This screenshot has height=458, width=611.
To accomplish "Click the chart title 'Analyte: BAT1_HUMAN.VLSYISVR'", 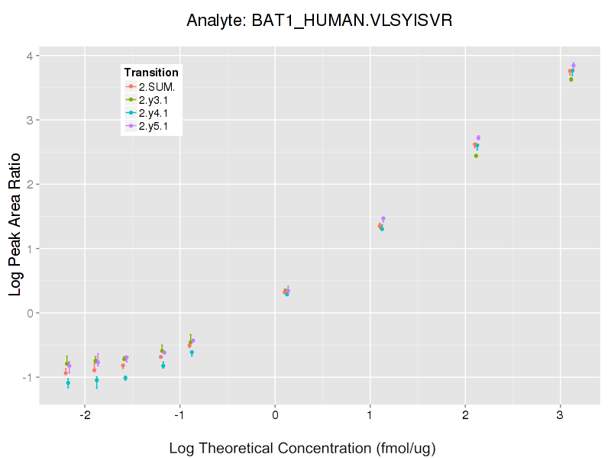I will click(320, 21).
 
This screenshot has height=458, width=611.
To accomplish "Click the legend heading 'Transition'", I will click(151, 73).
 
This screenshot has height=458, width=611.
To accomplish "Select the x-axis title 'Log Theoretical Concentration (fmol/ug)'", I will click(302, 448).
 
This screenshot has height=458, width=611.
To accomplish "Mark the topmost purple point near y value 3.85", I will click(574, 66).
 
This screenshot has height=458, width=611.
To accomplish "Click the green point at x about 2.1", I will click(476, 156).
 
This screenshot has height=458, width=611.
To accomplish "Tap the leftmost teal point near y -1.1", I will click(68, 382).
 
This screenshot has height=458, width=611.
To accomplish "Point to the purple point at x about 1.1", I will click(383, 219).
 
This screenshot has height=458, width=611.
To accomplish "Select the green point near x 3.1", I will click(571, 79).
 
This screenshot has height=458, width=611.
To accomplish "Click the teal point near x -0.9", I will click(192, 353).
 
